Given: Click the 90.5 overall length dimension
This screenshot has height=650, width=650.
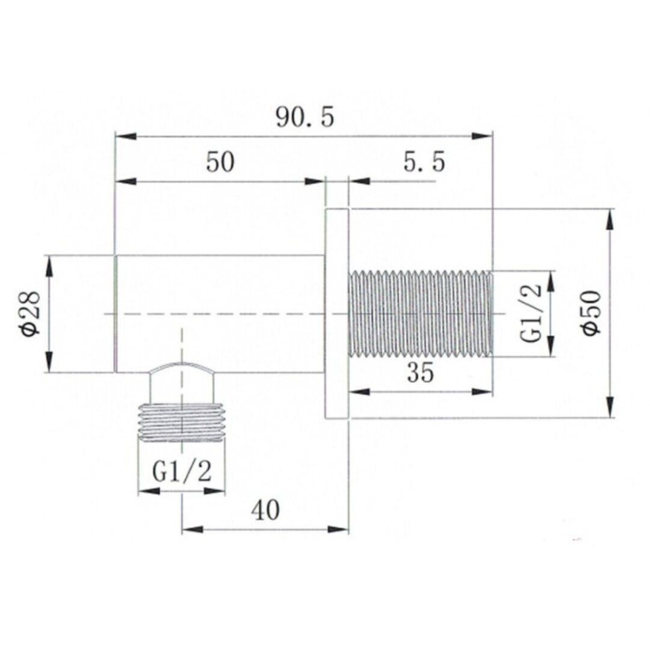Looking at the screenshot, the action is [305, 117].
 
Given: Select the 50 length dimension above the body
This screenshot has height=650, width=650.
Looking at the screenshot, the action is [220, 162].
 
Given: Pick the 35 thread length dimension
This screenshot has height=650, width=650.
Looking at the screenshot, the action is [420, 372].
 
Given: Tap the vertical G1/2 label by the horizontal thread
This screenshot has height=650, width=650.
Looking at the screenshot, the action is [531, 314].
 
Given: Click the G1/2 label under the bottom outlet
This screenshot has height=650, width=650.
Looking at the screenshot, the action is [182, 471].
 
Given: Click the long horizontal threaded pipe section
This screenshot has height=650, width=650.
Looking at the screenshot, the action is [420, 314].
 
